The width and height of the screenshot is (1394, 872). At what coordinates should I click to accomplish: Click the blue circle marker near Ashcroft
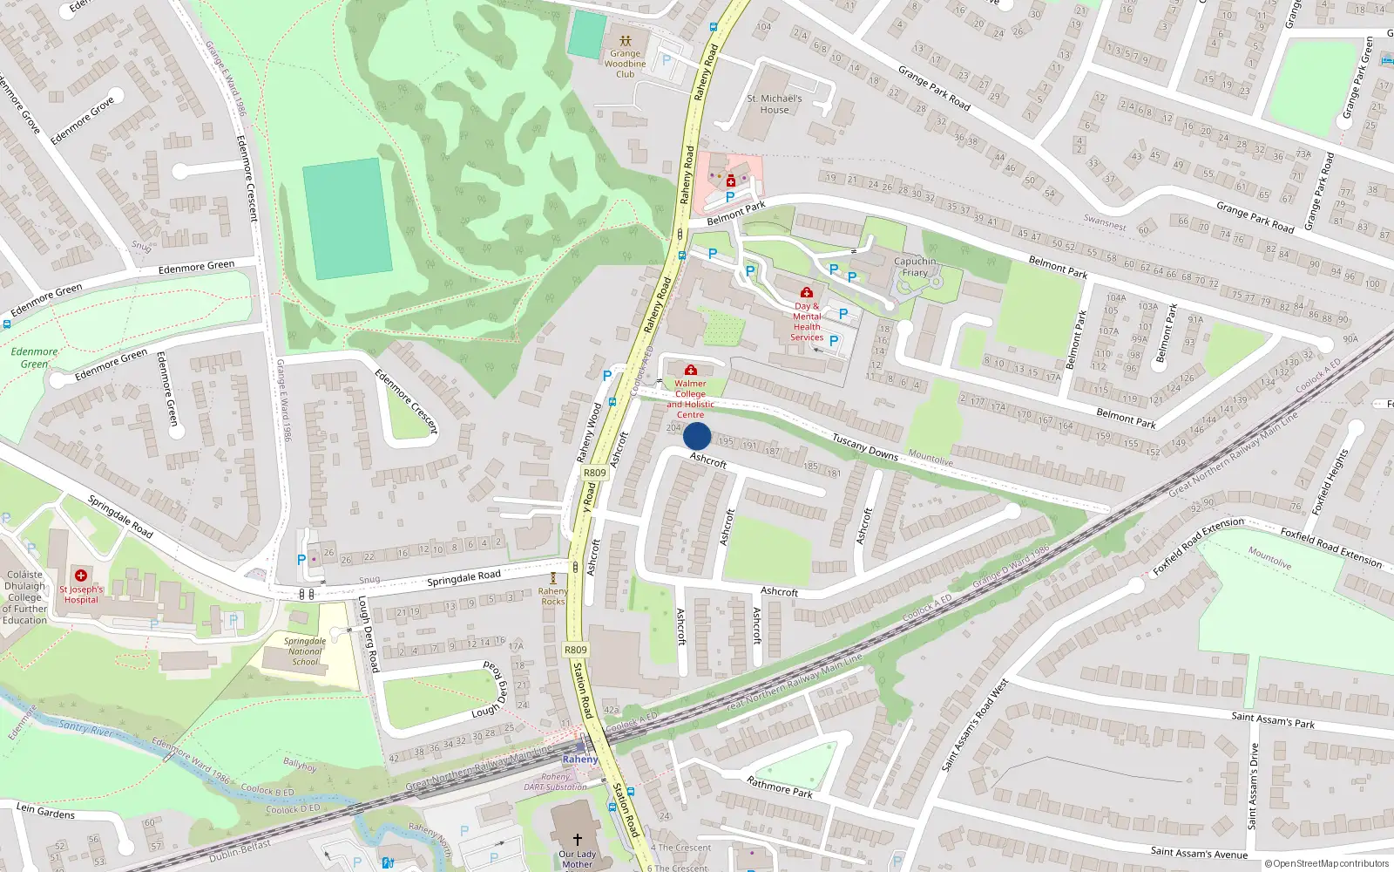pos(697,436)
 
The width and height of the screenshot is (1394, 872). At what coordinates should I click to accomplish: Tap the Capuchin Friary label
pos(915,267)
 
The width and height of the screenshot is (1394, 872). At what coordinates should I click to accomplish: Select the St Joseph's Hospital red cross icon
pos(81,576)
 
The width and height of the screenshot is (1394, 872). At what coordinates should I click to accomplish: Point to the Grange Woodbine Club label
pos(626,64)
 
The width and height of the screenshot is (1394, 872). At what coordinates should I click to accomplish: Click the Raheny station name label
pos(580,760)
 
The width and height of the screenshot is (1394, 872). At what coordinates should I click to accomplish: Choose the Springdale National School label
pos(305,651)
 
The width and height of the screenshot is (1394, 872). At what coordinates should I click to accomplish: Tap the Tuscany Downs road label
pos(864,446)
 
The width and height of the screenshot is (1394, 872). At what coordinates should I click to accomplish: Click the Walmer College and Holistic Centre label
pos(690,399)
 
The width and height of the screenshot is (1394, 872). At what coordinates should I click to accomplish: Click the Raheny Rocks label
pos(553,596)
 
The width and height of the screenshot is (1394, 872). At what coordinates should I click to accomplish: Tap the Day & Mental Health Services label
pos(807,322)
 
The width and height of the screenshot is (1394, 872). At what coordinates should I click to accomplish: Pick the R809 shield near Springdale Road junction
pos(594,473)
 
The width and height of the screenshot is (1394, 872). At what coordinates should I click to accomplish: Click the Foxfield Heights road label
pos(1330,480)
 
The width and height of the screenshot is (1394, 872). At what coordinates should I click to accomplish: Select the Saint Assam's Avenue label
pos(1199,853)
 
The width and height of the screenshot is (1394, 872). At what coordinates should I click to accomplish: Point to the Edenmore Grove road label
pos(82,121)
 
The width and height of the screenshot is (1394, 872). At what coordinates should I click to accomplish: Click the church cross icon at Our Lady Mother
pos(577,839)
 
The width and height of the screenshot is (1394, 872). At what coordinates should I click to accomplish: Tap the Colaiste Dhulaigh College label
pos(24,597)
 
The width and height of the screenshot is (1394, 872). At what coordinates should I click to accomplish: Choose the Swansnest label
pos(1105,223)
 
